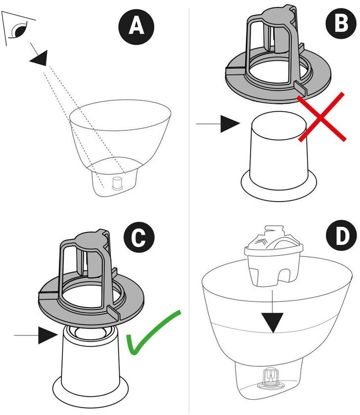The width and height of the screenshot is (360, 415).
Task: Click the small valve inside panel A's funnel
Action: click(x=119, y=183)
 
